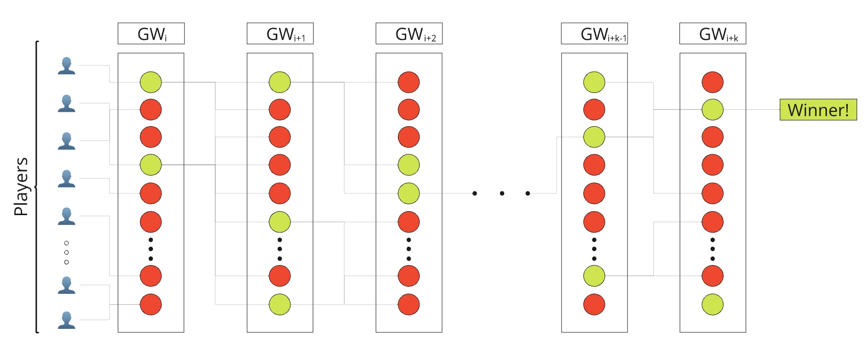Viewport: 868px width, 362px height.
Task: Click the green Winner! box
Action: [x=818, y=109]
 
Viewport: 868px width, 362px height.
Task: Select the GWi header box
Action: [x=151, y=34]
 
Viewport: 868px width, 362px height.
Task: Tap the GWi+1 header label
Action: [x=280, y=34]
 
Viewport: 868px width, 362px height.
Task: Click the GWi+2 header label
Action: [x=409, y=34]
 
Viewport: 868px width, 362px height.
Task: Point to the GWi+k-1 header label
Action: [x=594, y=34]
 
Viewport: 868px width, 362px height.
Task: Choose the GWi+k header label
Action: [x=713, y=34]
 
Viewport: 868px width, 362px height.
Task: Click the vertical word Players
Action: [x=21, y=186]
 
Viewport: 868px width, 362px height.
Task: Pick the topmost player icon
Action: [x=66, y=66]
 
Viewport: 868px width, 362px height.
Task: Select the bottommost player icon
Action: [x=66, y=320]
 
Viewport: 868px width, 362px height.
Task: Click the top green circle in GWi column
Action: [x=151, y=82]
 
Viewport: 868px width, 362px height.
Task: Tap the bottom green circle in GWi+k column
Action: [x=713, y=304]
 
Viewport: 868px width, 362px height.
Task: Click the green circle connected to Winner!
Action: [x=713, y=110]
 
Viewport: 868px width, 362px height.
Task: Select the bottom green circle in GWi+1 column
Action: [x=280, y=304]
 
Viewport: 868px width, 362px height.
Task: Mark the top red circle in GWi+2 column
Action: [x=409, y=82]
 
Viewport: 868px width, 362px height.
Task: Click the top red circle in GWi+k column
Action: [x=713, y=82]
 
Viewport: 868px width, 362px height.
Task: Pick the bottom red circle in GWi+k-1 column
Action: [x=594, y=304]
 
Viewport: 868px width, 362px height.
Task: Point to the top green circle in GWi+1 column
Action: [x=280, y=82]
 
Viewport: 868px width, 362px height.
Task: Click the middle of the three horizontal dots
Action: [x=502, y=193]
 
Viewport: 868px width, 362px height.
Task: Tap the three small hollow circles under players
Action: [x=66, y=252]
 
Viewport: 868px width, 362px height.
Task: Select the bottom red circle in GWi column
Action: [x=151, y=304]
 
